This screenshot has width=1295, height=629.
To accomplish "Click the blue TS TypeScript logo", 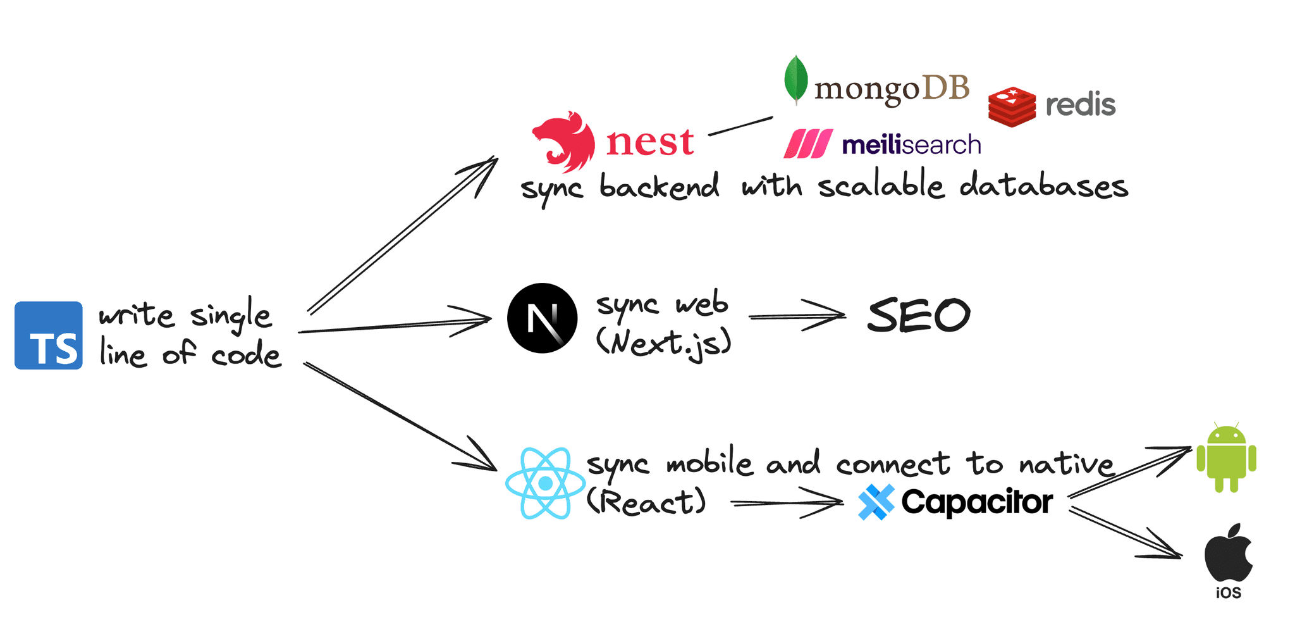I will [x=49, y=335].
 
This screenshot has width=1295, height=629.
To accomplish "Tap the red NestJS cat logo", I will [x=564, y=142].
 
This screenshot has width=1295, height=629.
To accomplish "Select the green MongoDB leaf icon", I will [x=795, y=80].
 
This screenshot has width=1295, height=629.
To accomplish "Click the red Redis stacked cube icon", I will [x=1012, y=107].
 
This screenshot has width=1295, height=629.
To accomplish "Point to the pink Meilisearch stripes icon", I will [x=807, y=144].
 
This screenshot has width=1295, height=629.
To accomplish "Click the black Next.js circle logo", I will [x=542, y=318].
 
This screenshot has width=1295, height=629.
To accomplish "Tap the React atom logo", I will [x=545, y=483].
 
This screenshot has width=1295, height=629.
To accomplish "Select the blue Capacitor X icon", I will [x=876, y=502].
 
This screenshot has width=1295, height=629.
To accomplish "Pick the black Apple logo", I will [x=1228, y=553].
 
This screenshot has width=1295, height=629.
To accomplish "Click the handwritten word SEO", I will [x=918, y=316].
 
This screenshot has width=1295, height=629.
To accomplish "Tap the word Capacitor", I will [x=977, y=502].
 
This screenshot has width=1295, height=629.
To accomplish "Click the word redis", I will [x=1080, y=105].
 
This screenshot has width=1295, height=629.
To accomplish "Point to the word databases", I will [x=1043, y=186].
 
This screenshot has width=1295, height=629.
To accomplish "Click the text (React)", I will [x=646, y=502].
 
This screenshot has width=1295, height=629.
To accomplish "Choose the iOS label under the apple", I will [x=1228, y=594].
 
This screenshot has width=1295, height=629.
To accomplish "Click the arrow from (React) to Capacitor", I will [x=787, y=503].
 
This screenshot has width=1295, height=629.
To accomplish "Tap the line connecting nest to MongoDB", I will [x=740, y=126].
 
